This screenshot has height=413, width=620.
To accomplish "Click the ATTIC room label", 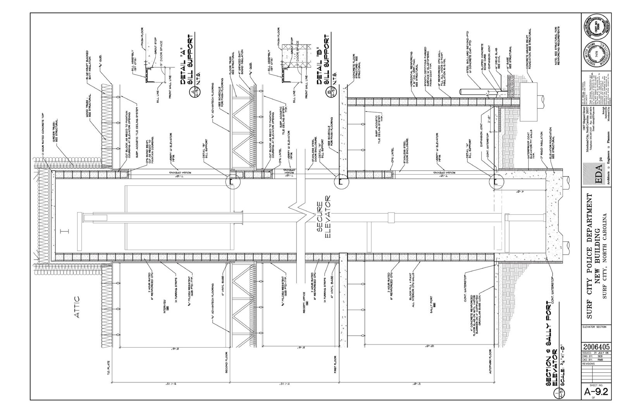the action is [76, 308].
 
